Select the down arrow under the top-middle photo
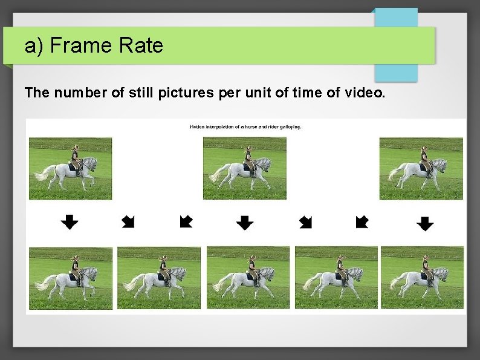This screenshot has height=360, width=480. coord(244,223)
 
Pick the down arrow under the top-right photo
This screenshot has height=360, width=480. coord(425,224)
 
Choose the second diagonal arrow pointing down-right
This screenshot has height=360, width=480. coord(305,222)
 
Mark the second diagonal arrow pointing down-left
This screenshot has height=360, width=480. coord(362,222)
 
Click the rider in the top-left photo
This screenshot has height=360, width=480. coord(75,159)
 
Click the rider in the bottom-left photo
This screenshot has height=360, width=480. coord(76,267)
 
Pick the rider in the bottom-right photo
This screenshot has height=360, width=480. coord(426,266)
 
